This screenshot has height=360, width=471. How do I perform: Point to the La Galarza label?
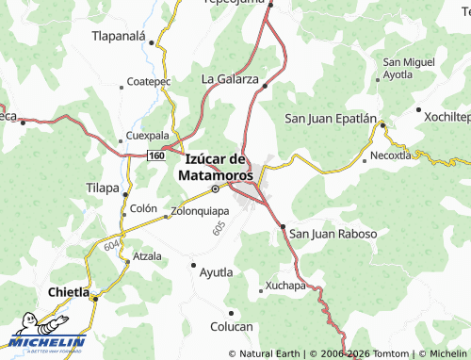click(x=230, y=79)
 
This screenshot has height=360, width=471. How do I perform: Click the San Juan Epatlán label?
click(x=331, y=119)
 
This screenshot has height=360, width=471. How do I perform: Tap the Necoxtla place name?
click(x=391, y=155)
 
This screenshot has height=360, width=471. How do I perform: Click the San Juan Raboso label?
click(x=333, y=233)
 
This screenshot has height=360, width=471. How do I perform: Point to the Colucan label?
click(x=232, y=326)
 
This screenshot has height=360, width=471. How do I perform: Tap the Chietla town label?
click(x=68, y=294)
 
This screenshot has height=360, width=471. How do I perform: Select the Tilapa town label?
click(x=103, y=187)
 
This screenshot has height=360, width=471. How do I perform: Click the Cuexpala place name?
click(x=147, y=135)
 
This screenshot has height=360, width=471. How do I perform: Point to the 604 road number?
click(x=112, y=244)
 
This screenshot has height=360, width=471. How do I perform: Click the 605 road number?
click(x=220, y=227)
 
